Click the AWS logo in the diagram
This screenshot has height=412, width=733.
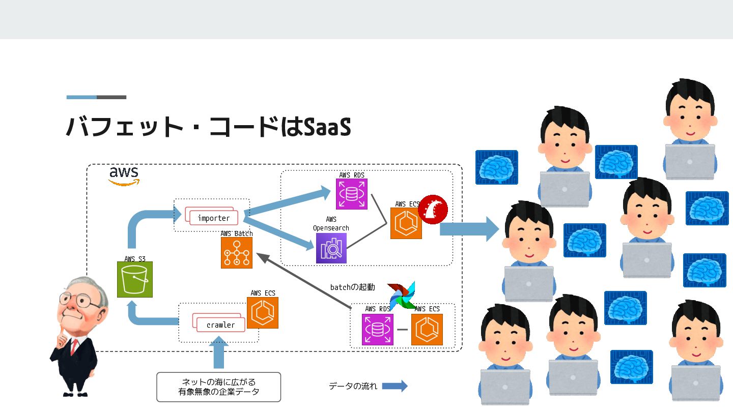click(x=124, y=175)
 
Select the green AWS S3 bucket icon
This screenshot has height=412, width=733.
click(x=135, y=279)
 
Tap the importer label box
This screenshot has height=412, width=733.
click(x=213, y=218)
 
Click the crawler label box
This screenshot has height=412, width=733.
click(x=220, y=325)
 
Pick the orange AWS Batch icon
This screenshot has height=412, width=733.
click(x=237, y=252)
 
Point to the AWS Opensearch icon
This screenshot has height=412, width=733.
click(x=331, y=248)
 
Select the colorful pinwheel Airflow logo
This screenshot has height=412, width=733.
click(x=402, y=295)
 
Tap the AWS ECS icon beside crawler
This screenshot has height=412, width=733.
click(x=263, y=313)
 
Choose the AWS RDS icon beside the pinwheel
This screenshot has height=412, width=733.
click(x=377, y=330)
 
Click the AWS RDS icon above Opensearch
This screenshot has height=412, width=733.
click(x=351, y=194)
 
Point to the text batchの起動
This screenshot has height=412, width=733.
click(x=352, y=287)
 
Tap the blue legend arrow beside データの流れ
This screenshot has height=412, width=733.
click(x=394, y=386)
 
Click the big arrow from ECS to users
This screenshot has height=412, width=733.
click(x=469, y=229)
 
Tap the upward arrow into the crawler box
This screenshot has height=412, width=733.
click(x=218, y=354)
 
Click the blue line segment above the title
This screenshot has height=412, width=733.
click(x=81, y=97)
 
